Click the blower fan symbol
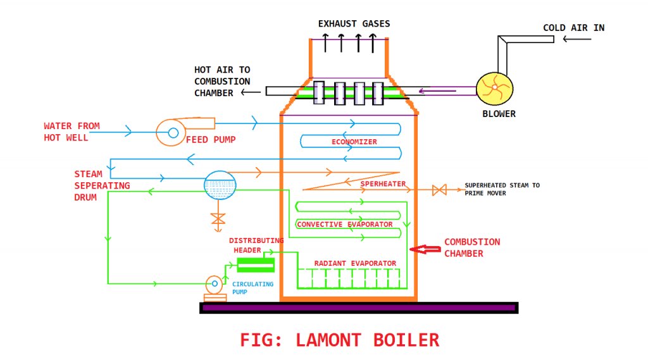[x=494, y=89]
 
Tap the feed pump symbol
[x=173, y=132]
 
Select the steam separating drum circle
[x=220, y=183]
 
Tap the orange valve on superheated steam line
[x=439, y=189]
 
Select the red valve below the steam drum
[x=218, y=219]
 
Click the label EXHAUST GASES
[x=354, y=24]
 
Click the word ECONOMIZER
[x=354, y=142]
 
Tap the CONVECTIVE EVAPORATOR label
[x=345, y=225]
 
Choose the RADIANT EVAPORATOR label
[x=355, y=263]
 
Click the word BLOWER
[x=499, y=114]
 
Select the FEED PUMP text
[x=211, y=139]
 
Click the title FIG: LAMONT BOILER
[x=339, y=340]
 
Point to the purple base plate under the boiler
[x=359, y=307]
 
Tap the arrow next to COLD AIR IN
[x=577, y=39]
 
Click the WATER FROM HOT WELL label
[x=72, y=132]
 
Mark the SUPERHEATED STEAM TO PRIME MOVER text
[x=502, y=189]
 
